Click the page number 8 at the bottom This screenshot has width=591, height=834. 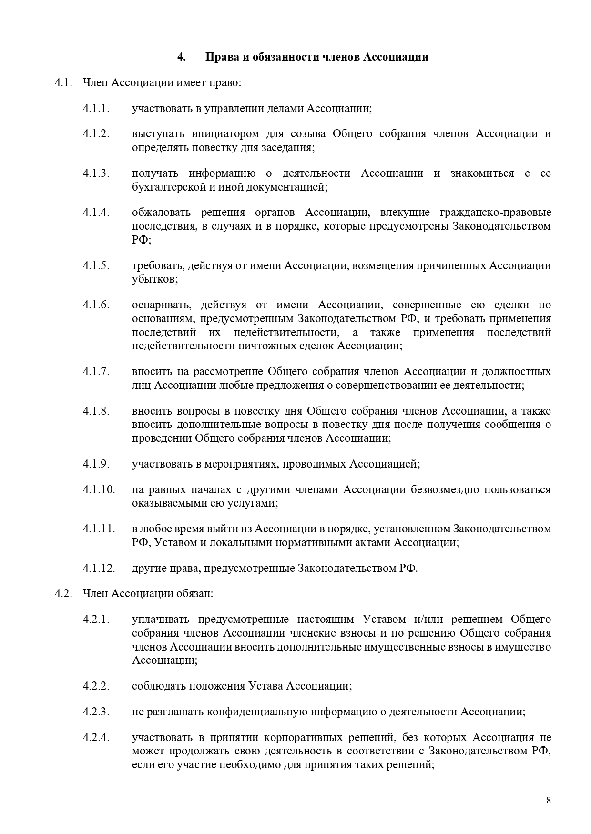(549, 800)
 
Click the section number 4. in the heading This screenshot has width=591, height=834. (182, 57)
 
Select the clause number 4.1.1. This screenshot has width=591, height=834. (96, 108)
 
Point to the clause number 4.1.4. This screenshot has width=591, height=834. (96, 212)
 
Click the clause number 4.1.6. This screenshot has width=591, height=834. (96, 305)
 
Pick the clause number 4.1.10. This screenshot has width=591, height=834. (99, 489)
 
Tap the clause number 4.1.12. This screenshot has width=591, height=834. (99, 568)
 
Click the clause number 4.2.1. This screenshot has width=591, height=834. (96, 620)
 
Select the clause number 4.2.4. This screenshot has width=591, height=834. (96, 738)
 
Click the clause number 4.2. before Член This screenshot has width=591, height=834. (63, 594)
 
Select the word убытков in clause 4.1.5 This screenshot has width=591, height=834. (154, 279)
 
